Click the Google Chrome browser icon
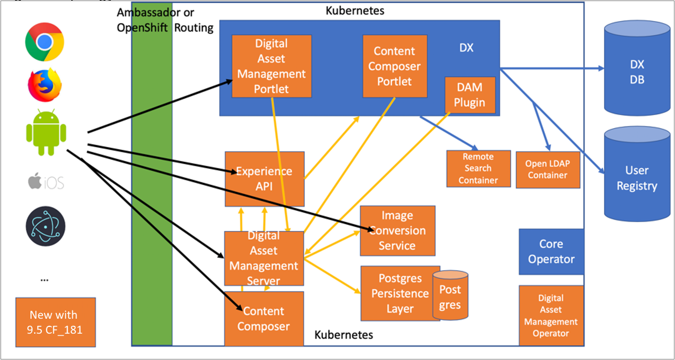pos(44,42)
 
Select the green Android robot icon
pos(45,133)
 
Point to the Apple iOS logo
pos(45,181)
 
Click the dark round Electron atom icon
pos(45,227)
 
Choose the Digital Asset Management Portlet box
pos(271,66)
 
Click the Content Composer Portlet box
pos(395,66)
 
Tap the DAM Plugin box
pos(470,95)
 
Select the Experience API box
pos(264,178)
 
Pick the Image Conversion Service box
pos(397,230)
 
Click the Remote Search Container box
pos(478,168)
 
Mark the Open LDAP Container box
pos(547,169)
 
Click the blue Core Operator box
pos(551,252)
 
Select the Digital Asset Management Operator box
pos(551,316)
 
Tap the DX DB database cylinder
pos(637,72)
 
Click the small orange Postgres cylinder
pos(450,295)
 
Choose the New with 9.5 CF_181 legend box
pos(55,322)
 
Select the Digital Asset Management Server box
pos(264,258)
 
